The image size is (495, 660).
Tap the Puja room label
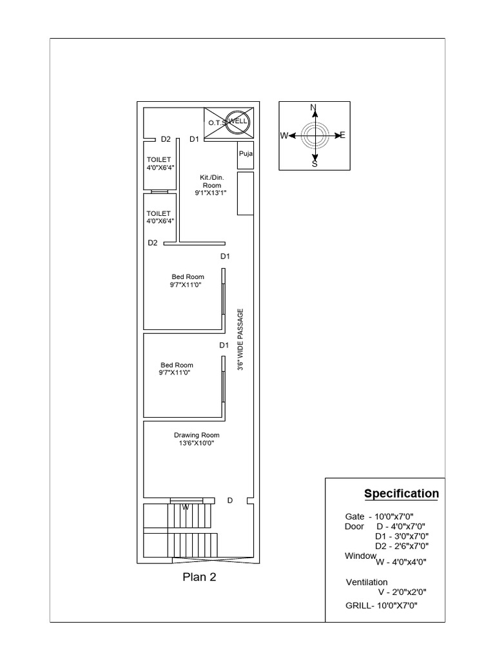click(245, 154)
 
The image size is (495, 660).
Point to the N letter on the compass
click(313, 107)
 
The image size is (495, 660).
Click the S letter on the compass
click(315, 164)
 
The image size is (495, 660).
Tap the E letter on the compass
click(342, 135)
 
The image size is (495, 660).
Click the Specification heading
click(402, 494)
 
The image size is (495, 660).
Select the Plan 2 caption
click(199, 577)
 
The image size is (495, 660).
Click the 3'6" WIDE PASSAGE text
click(240, 338)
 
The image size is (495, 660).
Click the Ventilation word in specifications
click(367, 583)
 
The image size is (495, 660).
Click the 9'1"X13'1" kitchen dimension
click(211, 192)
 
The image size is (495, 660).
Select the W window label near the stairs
click(185, 507)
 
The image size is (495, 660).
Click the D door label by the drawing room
click(229, 500)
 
